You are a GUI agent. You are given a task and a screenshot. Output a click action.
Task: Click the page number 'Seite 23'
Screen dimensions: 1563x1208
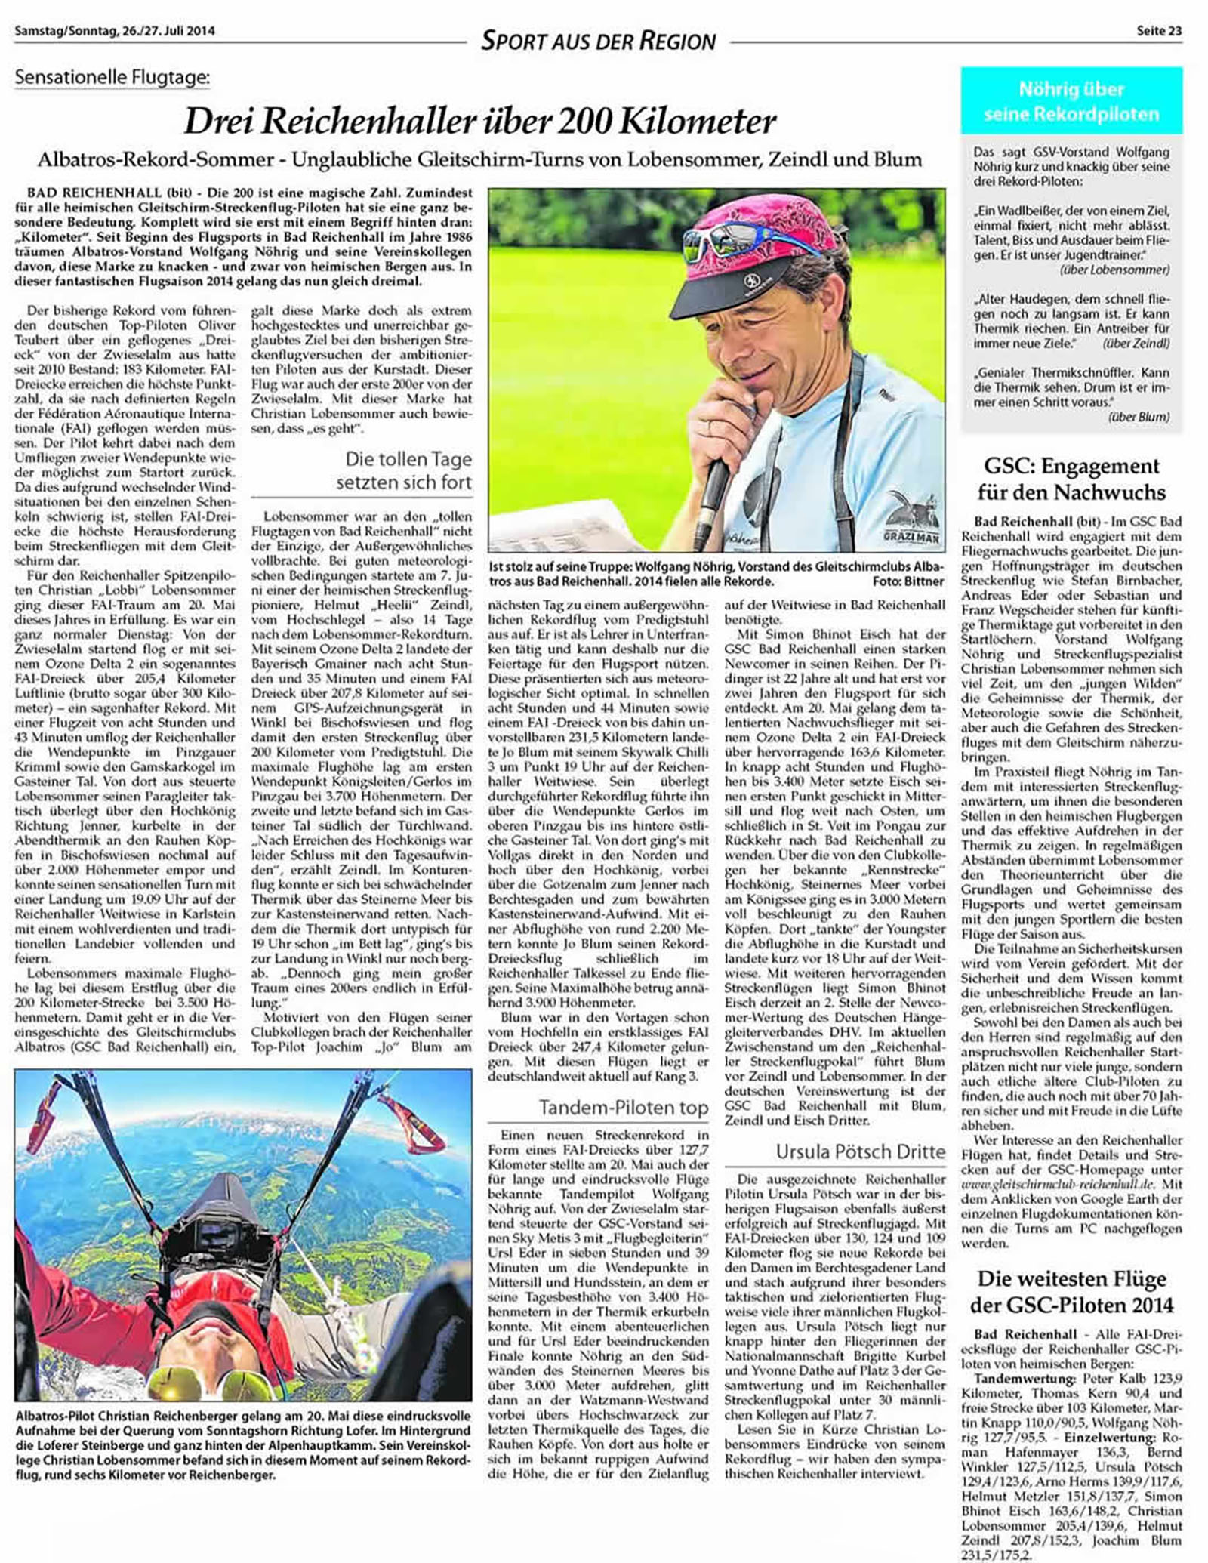click(1159, 31)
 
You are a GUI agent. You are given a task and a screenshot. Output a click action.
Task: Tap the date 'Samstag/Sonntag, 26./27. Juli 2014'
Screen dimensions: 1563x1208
click(115, 31)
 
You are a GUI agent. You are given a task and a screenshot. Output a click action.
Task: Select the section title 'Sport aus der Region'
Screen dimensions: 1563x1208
click(598, 40)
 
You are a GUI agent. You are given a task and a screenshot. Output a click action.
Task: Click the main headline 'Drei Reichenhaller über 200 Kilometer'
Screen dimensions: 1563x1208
click(480, 121)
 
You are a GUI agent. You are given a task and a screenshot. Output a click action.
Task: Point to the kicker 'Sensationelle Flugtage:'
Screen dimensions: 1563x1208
click(112, 77)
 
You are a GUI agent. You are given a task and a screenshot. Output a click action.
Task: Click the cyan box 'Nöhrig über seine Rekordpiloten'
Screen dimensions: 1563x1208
click(1071, 101)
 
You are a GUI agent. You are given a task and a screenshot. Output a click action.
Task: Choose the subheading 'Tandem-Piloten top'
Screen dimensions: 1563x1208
click(623, 1108)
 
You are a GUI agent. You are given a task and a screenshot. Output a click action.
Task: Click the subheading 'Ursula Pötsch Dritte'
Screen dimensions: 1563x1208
click(860, 1151)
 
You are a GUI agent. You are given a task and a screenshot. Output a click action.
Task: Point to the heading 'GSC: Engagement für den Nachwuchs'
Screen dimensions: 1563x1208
click(1071, 479)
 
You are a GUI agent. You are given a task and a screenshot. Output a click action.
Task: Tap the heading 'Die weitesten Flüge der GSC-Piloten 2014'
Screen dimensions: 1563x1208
click(1071, 1292)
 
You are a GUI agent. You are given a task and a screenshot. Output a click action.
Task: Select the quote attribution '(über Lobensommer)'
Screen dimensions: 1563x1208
click(1114, 270)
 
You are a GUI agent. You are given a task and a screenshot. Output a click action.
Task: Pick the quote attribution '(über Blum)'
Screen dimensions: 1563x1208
click(1139, 417)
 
